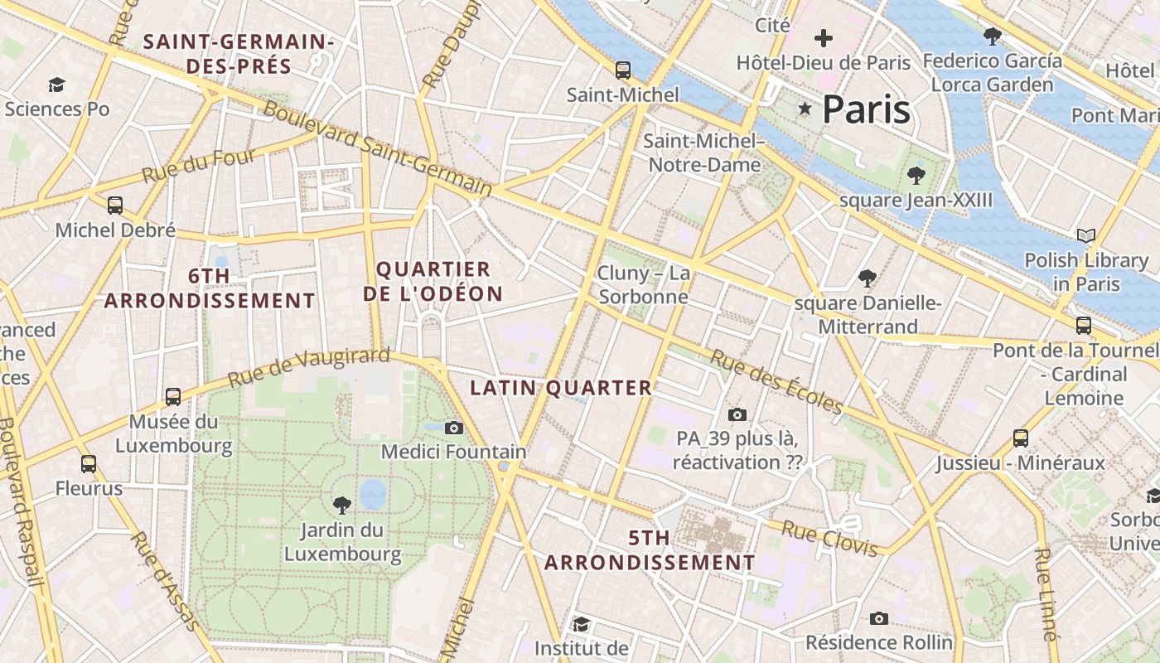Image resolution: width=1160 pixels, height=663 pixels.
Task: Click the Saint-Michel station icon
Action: coord(623,70)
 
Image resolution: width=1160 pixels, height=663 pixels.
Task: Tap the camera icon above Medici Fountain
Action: coord(453,428)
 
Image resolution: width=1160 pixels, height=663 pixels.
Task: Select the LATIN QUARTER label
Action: coord(561,388)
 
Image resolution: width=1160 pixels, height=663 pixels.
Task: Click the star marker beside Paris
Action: coord(804,109)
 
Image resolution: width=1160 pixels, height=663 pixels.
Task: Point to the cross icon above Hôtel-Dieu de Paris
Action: coord(823,38)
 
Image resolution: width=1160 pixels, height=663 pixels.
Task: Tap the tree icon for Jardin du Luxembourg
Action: coord(341,505)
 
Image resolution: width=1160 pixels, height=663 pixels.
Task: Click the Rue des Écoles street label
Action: coord(776,382)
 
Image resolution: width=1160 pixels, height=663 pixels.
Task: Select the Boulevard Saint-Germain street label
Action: coord(377,149)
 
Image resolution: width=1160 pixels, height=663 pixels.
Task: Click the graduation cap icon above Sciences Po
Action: coord(56,85)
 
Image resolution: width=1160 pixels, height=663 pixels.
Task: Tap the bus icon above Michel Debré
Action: coord(115,205)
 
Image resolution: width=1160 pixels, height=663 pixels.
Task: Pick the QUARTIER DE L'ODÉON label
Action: coord(433,282)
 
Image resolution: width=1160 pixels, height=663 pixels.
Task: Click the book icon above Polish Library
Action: coord(1085,236)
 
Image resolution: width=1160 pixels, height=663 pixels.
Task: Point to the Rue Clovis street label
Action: coord(829,540)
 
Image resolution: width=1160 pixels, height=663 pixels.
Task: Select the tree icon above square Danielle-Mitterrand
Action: coord(868,278)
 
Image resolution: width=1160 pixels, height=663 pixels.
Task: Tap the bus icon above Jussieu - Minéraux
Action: coord(1021,438)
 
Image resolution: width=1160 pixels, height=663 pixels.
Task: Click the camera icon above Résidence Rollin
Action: coord(879,618)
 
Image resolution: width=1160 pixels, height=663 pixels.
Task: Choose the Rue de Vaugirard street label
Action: coord(308,368)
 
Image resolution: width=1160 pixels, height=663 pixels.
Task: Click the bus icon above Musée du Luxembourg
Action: coord(173,397)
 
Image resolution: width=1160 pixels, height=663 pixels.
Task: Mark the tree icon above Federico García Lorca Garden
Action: coord(992,36)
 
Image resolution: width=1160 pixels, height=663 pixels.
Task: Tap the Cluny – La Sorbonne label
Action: coord(643,284)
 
